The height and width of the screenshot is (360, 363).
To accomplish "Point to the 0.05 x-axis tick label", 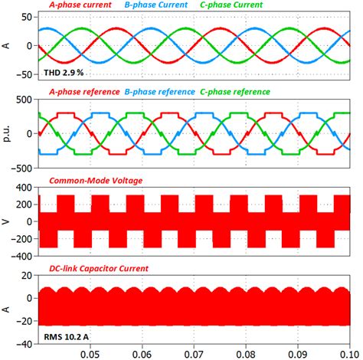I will point(90,354).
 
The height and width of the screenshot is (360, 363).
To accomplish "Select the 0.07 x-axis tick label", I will point(194,354).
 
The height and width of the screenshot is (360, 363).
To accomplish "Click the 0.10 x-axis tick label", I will point(348,354).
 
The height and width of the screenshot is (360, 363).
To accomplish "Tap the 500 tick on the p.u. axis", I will point(21,100).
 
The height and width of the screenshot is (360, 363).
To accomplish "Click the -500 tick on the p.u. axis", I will point(19,167).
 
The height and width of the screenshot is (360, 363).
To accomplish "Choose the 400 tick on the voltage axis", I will point(21,188).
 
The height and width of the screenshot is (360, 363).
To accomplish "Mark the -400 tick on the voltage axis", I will point(19,255).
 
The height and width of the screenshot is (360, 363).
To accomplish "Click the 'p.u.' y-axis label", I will point(7,133).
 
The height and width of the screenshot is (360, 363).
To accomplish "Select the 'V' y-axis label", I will point(7,221).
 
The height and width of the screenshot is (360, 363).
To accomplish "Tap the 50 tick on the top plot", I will point(25,16).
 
